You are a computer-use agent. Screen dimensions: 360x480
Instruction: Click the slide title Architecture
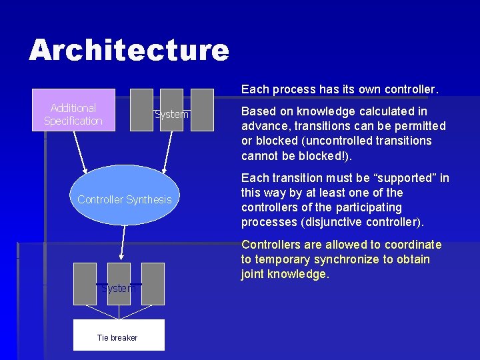129,51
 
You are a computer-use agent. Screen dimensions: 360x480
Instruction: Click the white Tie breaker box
117,335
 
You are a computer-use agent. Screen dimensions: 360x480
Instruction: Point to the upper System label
172,115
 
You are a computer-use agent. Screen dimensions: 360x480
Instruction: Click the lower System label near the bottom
119,289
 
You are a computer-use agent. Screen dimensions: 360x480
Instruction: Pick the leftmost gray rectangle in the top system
141,110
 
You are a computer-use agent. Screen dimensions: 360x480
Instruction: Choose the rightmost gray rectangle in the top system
202,110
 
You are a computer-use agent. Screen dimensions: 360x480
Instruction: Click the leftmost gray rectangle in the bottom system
85,283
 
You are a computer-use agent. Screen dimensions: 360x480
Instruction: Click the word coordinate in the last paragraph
413,245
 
